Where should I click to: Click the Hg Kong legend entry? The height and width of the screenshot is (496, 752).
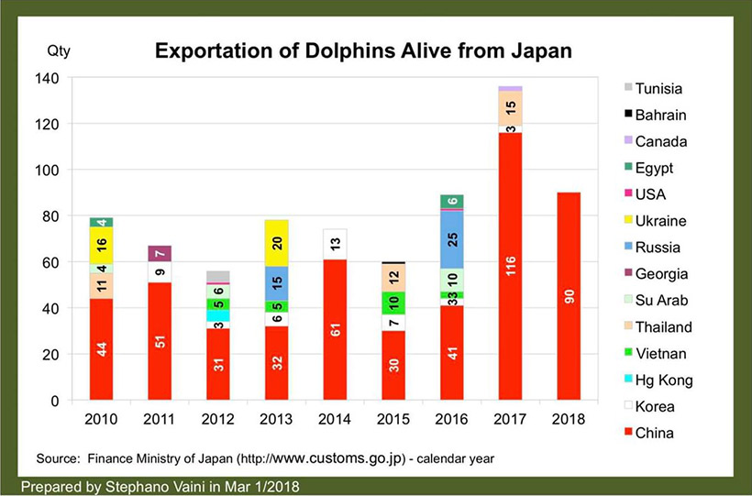(662, 380)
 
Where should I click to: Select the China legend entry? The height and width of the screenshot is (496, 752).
(655, 432)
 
